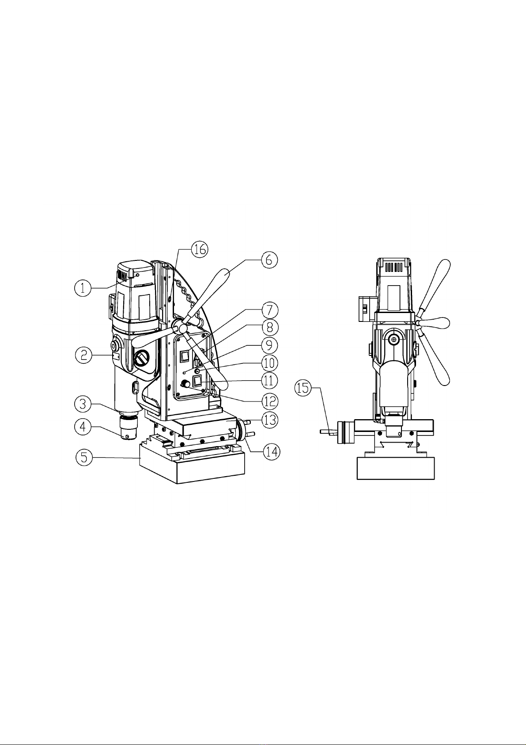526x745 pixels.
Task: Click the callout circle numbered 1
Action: click(83, 288)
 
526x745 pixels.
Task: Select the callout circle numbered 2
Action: click(84, 355)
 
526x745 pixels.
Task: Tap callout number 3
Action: click(83, 404)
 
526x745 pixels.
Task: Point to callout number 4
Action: click(83, 426)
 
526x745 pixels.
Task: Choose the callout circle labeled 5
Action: click(84, 457)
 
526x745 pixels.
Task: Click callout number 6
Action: click(269, 260)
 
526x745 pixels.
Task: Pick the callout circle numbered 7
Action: click(269, 310)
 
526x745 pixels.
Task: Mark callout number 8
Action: click(270, 328)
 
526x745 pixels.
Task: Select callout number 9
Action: click(269, 345)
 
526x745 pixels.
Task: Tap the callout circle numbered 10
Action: click(269, 363)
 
